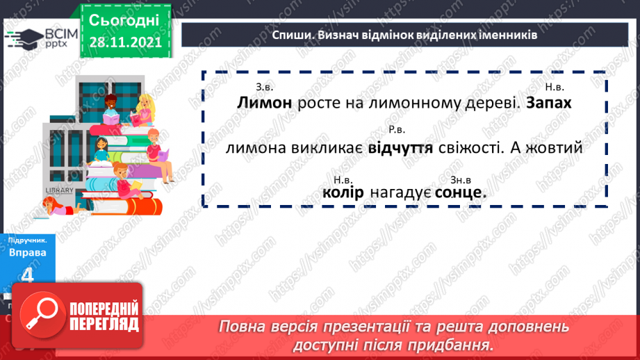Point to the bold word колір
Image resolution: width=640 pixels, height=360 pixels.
click(x=343, y=193)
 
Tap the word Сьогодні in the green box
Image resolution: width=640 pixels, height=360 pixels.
click(x=124, y=19)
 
